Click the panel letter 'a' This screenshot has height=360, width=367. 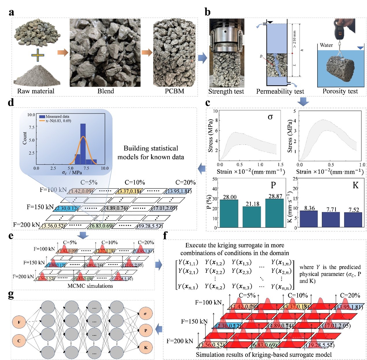11,13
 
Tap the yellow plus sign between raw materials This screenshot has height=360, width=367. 38,55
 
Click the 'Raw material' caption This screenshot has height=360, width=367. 36,91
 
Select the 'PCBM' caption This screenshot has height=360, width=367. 174,91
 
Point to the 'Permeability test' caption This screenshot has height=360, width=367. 280,92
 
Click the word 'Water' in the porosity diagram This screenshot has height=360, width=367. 326,45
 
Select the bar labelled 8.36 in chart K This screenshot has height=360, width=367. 309,219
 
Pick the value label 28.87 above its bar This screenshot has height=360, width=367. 275,196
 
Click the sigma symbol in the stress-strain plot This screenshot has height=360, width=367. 270,117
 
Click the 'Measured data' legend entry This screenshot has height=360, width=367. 57,116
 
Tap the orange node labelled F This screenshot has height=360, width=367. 19,322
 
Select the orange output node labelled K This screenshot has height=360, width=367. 146,348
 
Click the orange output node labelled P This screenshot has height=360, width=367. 146,331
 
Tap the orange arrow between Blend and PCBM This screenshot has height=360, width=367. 147,53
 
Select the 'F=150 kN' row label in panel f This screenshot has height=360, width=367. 194,321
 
